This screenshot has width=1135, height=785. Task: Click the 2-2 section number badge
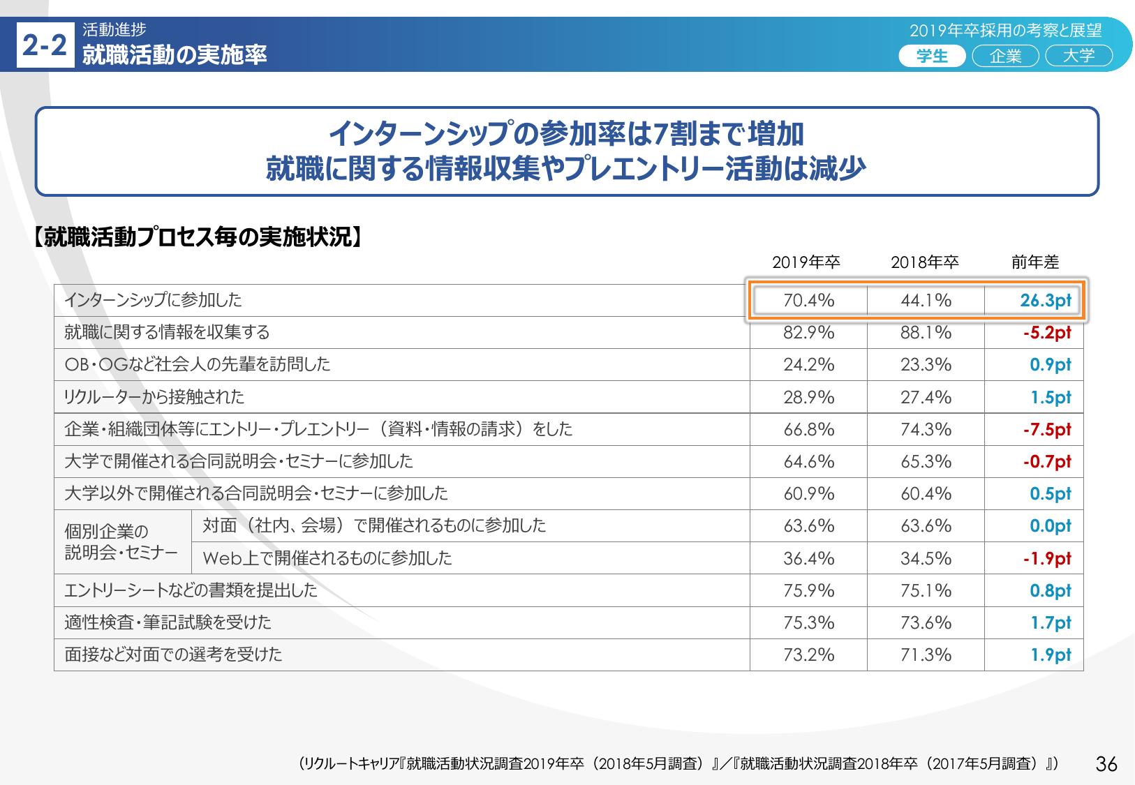coord(45,46)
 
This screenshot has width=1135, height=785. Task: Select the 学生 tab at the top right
coord(932,56)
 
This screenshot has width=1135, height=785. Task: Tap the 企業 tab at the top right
coord(1005,56)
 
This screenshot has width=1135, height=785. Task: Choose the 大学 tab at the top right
coord(1078,56)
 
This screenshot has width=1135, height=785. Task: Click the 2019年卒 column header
coord(806,262)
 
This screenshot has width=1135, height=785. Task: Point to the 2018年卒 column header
coord(924,262)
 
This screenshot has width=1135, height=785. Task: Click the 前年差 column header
coord(1035,262)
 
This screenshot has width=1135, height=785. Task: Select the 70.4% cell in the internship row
coord(809,301)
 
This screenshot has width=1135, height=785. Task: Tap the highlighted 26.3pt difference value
coord(1045,301)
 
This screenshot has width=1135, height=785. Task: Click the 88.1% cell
coord(926,333)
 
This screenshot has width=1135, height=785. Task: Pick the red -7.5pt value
coord(1047,430)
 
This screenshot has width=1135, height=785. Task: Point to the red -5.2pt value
coord(1047,334)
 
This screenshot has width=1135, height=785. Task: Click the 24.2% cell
coord(809,365)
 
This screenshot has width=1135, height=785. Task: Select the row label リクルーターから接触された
coord(154,397)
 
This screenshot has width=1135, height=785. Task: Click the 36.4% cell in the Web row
coord(809,558)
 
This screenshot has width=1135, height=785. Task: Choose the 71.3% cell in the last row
coord(926,655)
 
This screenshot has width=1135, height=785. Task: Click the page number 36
coord(1106,764)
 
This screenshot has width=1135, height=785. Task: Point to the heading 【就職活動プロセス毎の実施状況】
coord(198,238)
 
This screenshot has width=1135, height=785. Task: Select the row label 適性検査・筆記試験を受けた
coord(168,622)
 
